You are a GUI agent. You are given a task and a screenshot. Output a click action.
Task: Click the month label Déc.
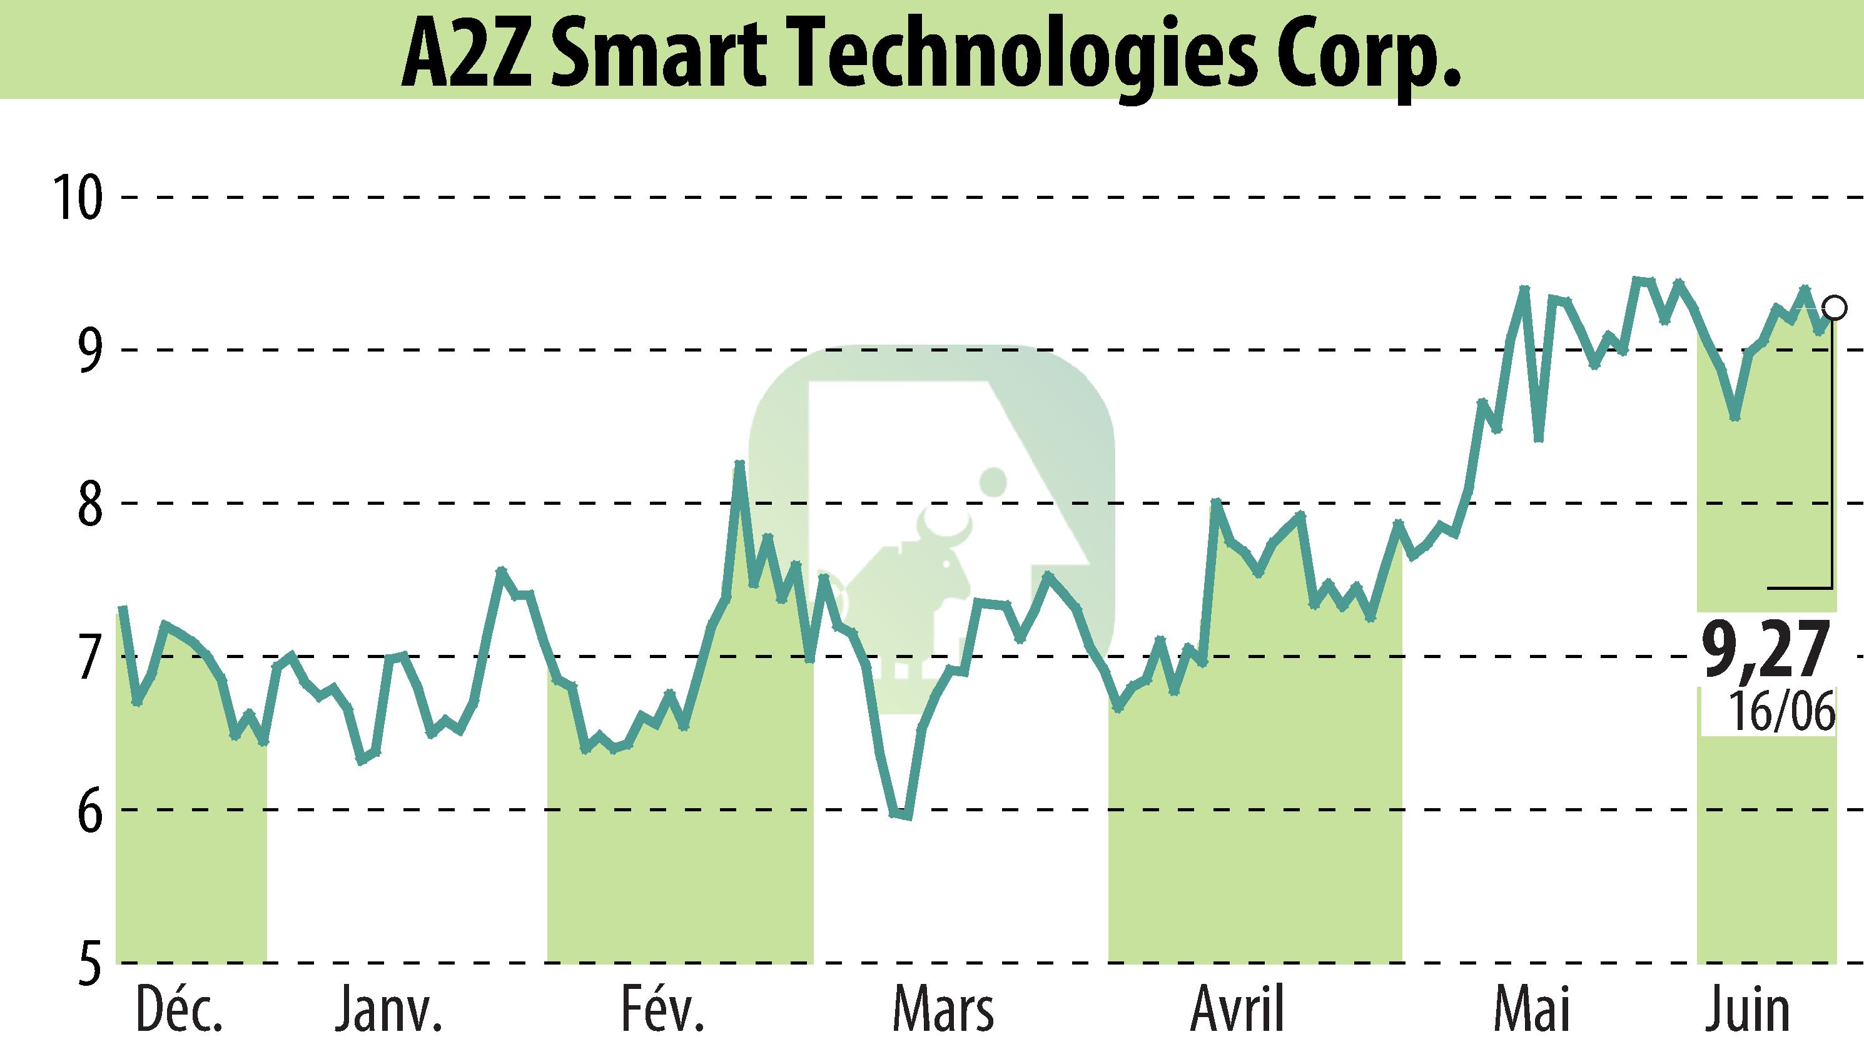pyautogui.click(x=179, y=1010)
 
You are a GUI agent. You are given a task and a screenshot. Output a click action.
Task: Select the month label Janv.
pyautogui.click(x=388, y=1010)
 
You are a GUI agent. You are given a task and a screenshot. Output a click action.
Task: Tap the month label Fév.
pyautogui.click(x=662, y=1010)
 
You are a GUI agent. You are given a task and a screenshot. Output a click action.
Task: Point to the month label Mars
pyautogui.click(x=943, y=1010)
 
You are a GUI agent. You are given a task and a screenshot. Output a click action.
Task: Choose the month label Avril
pyautogui.click(x=1237, y=1010)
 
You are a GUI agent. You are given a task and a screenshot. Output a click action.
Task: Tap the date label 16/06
pyautogui.click(x=1782, y=711)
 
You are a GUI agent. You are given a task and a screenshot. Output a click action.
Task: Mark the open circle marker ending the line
pyautogui.click(x=1835, y=308)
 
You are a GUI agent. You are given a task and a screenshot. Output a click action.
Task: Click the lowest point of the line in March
pyautogui.click(x=907, y=816)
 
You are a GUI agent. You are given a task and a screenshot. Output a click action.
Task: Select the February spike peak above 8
pyautogui.click(x=739, y=464)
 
